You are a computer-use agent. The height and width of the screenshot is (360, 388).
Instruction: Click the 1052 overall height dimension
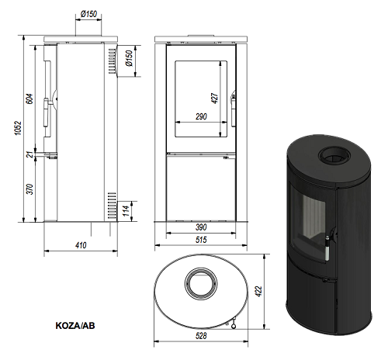18,128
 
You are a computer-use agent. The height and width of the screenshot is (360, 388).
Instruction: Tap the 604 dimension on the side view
29,99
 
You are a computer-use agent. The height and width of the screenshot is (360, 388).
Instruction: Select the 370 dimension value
29,189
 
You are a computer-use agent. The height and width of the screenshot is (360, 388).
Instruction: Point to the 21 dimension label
30,154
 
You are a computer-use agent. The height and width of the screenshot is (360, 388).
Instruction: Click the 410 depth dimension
81,245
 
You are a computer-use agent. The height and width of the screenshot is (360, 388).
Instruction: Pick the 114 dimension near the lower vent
126,211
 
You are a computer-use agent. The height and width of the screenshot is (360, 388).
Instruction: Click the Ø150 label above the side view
88,14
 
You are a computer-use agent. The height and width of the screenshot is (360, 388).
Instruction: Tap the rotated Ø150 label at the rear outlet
129,58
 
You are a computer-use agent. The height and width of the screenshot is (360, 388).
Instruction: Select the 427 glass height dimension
215,99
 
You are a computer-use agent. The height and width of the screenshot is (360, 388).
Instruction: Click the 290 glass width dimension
201,116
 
